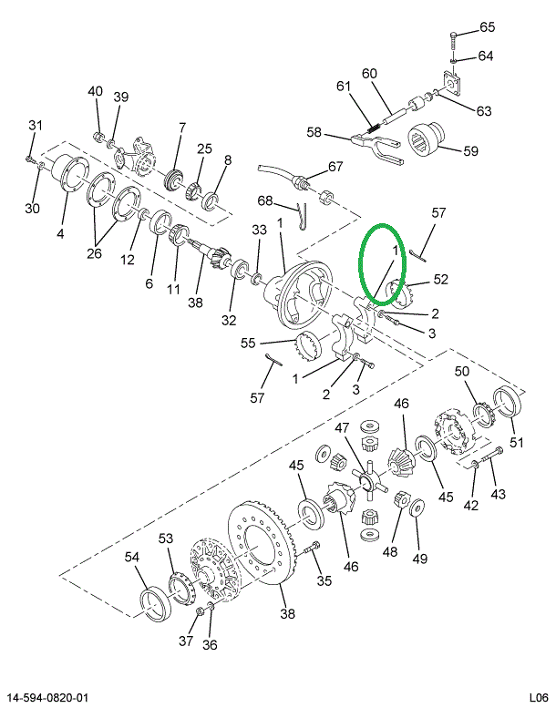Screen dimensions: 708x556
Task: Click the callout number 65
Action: point(487,26)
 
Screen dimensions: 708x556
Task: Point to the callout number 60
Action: point(368,74)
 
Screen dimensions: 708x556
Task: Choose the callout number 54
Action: point(132,557)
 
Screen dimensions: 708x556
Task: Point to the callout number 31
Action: point(36,125)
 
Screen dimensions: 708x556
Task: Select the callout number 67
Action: point(336,166)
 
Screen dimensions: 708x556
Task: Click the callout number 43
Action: point(498,493)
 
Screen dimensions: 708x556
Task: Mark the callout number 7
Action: point(181,127)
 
